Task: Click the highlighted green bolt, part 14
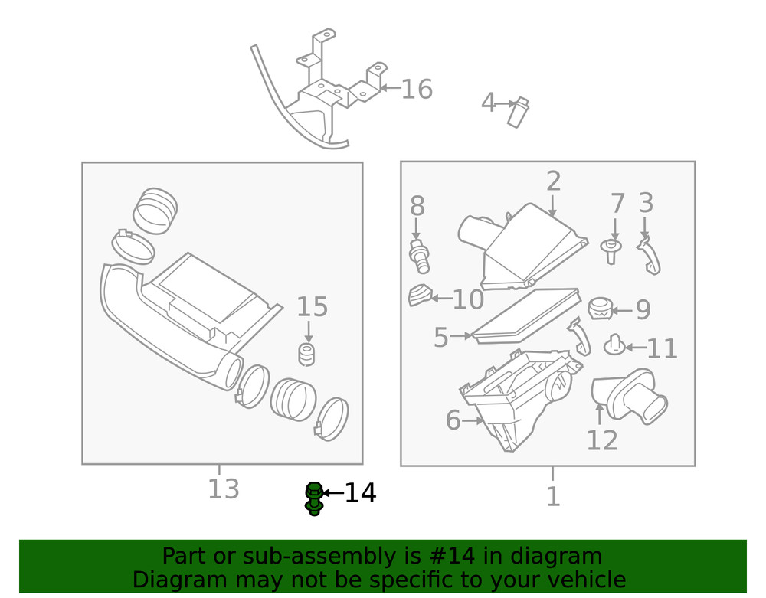313,498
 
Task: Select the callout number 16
417,90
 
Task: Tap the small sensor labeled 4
519,112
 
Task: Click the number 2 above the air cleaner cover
553,181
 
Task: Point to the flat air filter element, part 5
525,315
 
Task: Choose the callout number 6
453,420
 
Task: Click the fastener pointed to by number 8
419,254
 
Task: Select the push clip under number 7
612,250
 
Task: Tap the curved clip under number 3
650,256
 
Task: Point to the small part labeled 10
418,295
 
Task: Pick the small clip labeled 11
614,346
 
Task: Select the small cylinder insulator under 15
307,355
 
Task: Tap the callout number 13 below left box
224,489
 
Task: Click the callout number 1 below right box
553,497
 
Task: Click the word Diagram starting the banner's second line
179,580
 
